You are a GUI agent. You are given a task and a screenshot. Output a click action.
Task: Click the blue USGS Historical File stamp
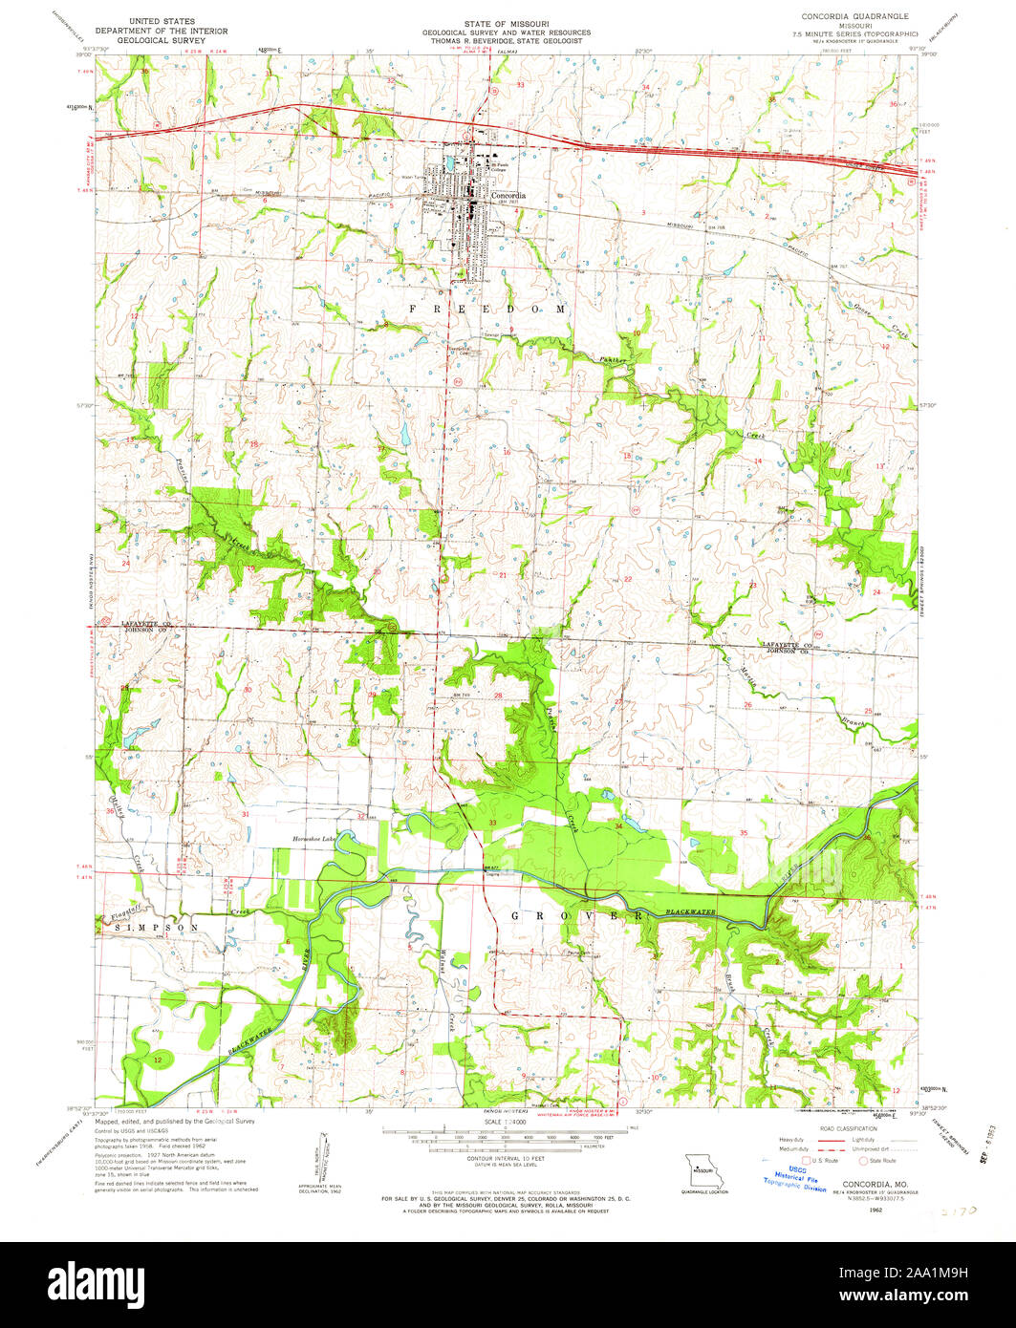point(793,1177)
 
